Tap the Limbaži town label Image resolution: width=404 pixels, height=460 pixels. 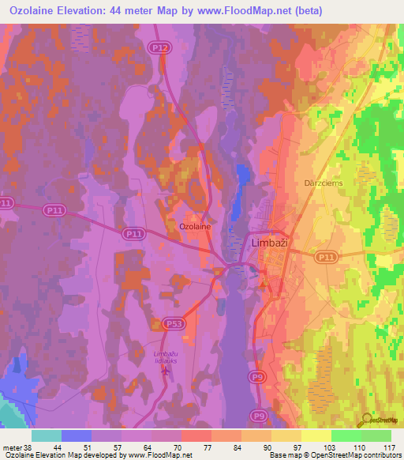click(271, 243)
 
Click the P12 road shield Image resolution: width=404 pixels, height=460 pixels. click(161, 47)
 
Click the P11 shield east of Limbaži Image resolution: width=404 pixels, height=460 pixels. click(325, 257)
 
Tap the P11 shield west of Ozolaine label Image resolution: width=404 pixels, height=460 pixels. click(133, 234)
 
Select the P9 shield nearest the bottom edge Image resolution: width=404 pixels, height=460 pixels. click(260, 415)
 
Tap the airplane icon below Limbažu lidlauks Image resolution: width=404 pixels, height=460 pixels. click(164, 371)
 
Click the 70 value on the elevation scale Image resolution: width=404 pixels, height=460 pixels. click(181, 447)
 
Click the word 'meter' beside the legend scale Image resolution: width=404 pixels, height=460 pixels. click(13, 447)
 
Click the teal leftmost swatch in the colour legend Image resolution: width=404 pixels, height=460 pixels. click(47, 435)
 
